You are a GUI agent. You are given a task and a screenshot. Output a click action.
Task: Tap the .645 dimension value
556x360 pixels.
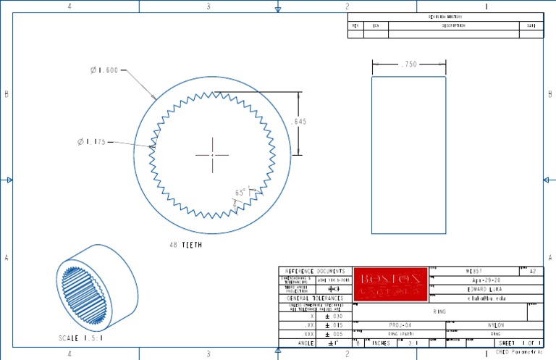click(298, 122)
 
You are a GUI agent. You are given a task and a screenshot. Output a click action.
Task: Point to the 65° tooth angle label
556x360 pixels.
click(240, 193)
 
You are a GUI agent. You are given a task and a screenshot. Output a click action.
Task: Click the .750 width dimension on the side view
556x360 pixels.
click(408, 64)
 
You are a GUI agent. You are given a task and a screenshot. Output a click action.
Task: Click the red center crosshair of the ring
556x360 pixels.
click(211, 154)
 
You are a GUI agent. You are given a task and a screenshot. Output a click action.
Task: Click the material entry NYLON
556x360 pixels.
click(495, 325)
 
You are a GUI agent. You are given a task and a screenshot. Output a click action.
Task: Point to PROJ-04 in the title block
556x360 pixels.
click(399, 325)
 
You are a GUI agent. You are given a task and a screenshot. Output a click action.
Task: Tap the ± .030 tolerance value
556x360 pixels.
click(333, 317)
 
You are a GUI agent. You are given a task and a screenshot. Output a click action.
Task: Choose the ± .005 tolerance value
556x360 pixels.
click(333, 335)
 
